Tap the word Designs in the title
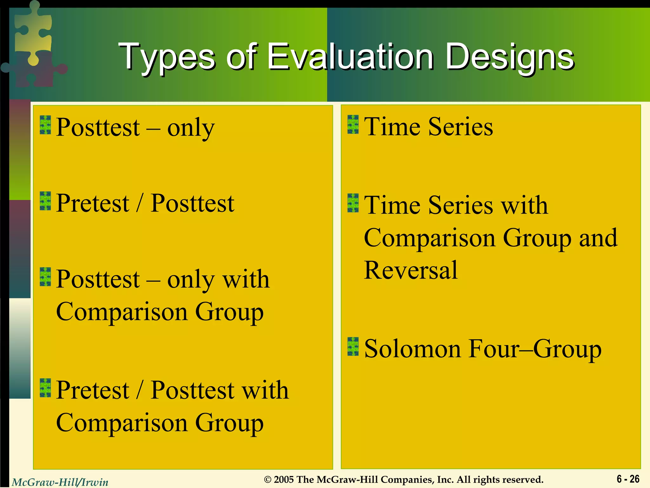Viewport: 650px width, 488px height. [x=510, y=57]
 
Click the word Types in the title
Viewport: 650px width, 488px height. [x=167, y=57]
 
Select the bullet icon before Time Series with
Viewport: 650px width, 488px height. [x=353, y=203]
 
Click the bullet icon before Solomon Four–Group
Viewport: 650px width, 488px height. [x=353, y=347]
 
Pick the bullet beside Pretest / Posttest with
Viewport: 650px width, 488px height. [x=45, y=388]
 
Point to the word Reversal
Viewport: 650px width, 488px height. [x=411, y=270]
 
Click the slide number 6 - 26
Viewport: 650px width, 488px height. [x=628, y=479]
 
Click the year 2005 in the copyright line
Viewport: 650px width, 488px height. [x=284, y=479]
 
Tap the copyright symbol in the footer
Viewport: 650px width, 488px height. [x=268, y=480]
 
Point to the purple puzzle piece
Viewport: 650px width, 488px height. [x=38, y=71]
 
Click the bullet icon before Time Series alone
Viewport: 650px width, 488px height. [x=353, y=125]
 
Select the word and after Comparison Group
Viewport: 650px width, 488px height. [x=598, y=238]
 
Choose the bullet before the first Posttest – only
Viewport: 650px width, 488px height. [x=45, y=125]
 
